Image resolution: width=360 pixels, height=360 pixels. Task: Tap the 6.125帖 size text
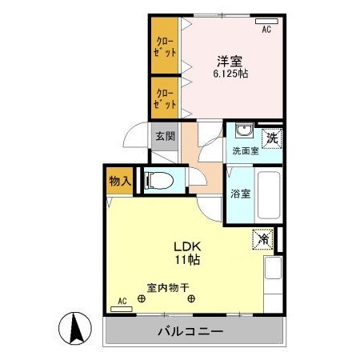coord(230,73)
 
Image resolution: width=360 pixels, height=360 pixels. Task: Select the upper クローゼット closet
coord(166,46)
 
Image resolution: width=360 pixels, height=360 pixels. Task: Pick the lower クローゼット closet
coord(166,98)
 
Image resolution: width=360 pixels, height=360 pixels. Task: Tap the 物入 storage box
coord(120,181)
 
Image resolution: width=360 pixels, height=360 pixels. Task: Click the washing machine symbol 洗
coord(271,136)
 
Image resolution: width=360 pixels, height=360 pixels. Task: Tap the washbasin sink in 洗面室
coord(245,133)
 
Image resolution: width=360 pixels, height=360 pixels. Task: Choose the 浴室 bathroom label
coord(239,193)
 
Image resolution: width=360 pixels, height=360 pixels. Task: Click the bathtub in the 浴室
coord(268,197)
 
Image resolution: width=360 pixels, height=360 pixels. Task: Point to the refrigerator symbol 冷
coord(264,238)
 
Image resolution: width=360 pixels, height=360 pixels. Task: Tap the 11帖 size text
coord(189,260)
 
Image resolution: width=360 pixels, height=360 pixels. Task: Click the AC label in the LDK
coord(122,301)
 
